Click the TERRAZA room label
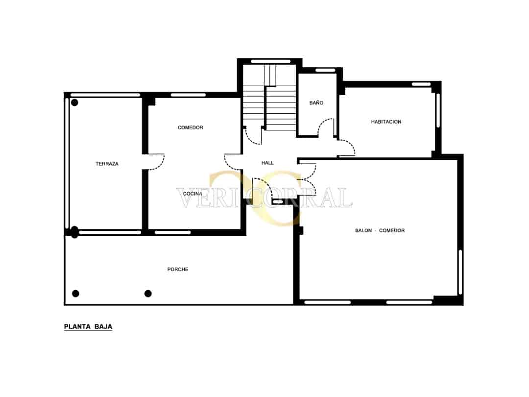(107, 164)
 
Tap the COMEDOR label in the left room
(190, 127)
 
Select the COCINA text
(192, 194)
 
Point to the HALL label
(267, 163)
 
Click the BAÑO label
(316, 103)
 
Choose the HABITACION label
(386, 122)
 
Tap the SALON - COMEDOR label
(380, 230)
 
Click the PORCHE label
(178, 269)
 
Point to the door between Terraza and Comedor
(156, 162)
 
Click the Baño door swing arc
(326, 127)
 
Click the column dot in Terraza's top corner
(75, 102)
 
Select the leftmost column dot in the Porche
(75, 294)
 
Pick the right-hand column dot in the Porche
(148, 294)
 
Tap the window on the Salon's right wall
(460, 272)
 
